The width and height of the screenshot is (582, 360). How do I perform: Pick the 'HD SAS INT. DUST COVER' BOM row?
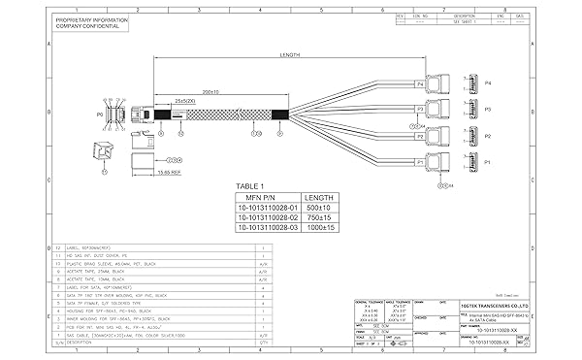point(97,254)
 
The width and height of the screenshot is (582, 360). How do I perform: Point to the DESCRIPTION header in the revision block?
point(465,16)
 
